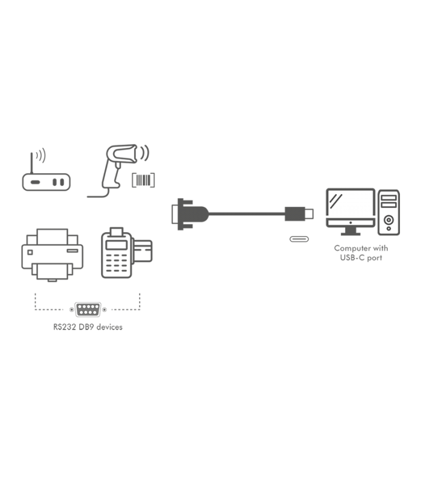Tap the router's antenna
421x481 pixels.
31,163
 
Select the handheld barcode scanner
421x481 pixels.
119,170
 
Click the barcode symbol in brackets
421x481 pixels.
143,180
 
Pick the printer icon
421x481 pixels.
52,254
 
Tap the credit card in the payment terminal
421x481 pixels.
143,251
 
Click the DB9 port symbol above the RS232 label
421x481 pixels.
88,310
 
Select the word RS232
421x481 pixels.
64,327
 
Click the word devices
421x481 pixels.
109,327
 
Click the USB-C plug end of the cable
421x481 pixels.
299,214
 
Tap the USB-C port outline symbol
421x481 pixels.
299,239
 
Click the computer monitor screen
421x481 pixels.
351,203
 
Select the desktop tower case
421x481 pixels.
389,212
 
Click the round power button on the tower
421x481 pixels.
389,219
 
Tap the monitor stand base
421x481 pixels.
351,233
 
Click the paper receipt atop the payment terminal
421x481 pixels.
116,231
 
